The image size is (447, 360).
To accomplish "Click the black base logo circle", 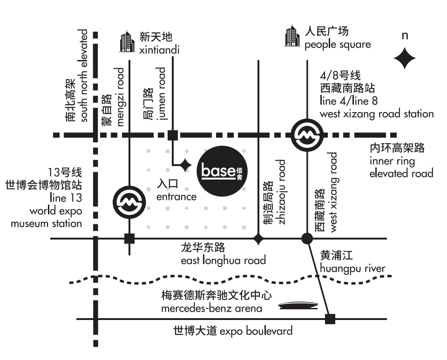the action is tap(222, 171).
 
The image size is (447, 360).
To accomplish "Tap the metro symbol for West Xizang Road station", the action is tap(307, 135).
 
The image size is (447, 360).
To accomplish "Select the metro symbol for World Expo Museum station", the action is tap(129, 202).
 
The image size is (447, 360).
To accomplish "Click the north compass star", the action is tap(405, 59).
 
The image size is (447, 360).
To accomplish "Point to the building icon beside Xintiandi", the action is tap(127, 41).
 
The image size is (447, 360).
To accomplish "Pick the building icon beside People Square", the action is tap(292, 36).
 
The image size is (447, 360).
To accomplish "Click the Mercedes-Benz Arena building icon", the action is tap(298, 306).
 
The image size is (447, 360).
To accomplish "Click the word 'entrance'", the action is tap(176, 197).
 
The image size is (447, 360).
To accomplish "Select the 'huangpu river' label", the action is tap(352, 268).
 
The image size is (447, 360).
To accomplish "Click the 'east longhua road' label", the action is tap(223, 260).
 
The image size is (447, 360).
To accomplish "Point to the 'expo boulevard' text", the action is tap(256, 331).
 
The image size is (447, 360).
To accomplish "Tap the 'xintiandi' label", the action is tap(159, 50).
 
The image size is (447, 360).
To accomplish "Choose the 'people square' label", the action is tap(338, 45).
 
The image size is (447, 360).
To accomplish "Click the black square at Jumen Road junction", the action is tap(173, 135).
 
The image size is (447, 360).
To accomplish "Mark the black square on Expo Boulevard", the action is tap(330, 319).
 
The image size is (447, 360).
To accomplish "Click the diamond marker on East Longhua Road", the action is tap(258, 239).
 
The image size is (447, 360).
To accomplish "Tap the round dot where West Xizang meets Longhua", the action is tap(307, 239).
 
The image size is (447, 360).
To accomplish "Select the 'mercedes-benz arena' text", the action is tap(211, 308).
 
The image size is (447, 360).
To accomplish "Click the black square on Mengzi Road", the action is tap(129, 239).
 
